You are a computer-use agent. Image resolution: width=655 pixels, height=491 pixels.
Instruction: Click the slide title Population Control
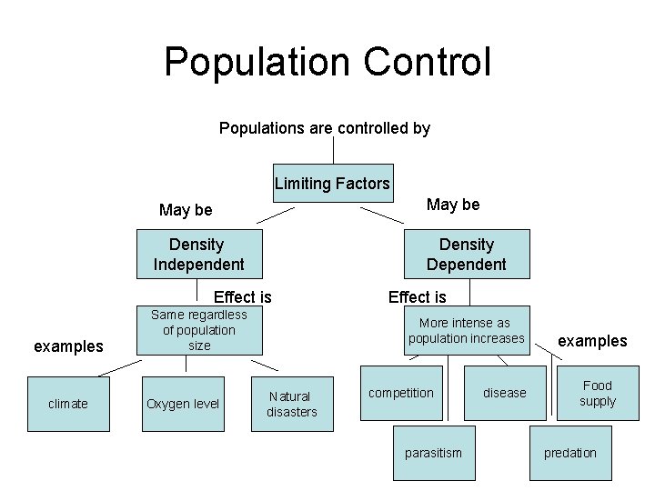tap(327, 62)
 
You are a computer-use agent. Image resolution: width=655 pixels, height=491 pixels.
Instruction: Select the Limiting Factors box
tap(332, 184)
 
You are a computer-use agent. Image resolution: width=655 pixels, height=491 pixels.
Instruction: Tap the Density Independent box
tap(198, 255)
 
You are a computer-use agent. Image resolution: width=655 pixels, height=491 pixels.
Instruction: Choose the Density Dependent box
tap(466, 255)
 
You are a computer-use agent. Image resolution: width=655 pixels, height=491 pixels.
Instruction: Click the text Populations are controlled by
tap(325, 128)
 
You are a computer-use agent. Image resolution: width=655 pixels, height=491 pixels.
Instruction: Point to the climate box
tap(68, 404)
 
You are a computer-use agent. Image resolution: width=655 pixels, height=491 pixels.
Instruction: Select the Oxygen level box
tap(183, 404)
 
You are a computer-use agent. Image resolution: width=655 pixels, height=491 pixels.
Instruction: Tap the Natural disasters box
tap(291, 404)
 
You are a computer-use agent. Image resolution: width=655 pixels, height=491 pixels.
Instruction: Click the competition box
tap(400, 393)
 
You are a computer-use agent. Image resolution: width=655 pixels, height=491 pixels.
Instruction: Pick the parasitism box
tap(433, 453)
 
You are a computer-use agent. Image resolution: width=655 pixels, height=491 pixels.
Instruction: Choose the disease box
tap(504, 393)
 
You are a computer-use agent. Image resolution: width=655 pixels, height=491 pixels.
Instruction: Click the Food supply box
tap(598, 394)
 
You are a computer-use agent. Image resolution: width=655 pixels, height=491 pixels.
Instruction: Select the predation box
tap(570, 453)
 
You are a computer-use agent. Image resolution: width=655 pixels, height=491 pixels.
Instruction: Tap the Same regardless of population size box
tap(198, 330)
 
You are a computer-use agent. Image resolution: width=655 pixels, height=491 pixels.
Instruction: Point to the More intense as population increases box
tap(466, 330)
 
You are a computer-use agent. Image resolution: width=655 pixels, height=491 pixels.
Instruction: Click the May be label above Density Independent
tap(186, 210)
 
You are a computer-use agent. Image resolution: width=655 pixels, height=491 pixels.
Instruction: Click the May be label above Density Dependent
tap(453, 205)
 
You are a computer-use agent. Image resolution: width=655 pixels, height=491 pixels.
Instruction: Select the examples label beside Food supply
tap(592, 341)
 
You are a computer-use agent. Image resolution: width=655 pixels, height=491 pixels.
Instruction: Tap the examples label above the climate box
tap(68, 346)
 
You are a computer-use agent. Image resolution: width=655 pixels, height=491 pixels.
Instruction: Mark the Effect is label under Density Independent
tap(242, 296)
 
